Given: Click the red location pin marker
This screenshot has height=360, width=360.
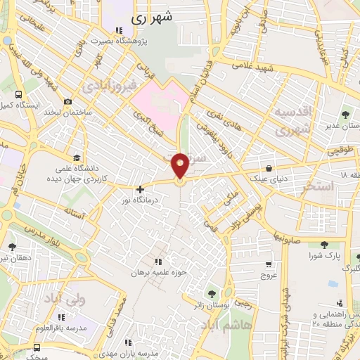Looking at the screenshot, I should pos(181,166).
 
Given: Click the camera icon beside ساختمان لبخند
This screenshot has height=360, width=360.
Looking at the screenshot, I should pos(67,101).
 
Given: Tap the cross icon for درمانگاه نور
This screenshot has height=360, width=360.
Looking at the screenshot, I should pos(141,188).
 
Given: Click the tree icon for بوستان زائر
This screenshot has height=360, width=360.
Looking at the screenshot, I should pos(209,294).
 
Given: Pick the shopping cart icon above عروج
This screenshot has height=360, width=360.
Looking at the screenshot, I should pos(269,265).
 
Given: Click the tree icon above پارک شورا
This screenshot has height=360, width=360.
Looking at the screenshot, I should pos(324,245).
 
